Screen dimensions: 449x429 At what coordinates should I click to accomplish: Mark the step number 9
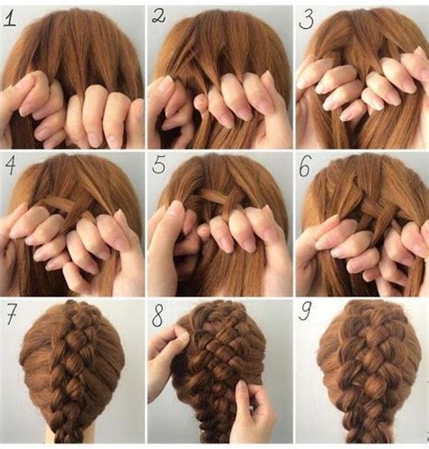307,316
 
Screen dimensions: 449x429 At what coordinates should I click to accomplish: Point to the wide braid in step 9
362,379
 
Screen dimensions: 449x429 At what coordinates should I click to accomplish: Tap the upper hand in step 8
167,357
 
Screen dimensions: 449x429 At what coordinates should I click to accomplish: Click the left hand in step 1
32,113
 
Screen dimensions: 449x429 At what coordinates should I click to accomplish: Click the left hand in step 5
176,244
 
